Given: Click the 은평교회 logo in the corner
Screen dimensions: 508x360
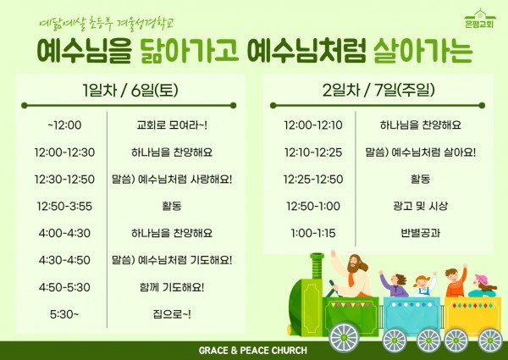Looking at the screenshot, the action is pyautogui.click(x=479, y=19).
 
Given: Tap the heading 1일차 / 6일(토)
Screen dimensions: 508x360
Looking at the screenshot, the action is pyautogui.click(x=130, y=90).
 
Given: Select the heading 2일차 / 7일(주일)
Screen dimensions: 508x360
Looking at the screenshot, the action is pyautogui.click(x=378, y=90).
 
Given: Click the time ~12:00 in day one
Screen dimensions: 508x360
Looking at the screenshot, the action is pyautogui.click(x=64, y=125).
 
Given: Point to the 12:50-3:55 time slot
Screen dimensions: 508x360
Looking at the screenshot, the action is pyautogui.click(x=64, y=206).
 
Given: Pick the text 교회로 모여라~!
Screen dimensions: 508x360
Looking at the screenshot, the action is pyautogui.click(x=172, y=125).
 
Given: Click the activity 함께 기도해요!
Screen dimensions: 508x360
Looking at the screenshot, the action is pyautogui.click(x=172, y=287).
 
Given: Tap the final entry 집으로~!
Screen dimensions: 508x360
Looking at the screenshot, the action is pyautogui.click(x=172, y=314).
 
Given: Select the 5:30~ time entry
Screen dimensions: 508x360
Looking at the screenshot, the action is pyautogui.click(x=64, y=314).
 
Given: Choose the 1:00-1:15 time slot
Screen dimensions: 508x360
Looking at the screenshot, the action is pyautogui.click(x=313, y=233).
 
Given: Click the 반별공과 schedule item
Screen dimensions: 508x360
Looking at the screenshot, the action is pyautogui.click(x=420, y=233).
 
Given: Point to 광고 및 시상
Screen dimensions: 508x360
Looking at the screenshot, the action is pyautogui.click(x=420, y=206).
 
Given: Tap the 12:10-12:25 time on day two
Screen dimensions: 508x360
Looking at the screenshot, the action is pyautogui.click(x=313, y=152).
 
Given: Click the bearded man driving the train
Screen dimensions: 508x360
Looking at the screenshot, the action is pyautogui.click(x=352, y=274).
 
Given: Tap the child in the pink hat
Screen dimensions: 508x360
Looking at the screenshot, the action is pyautogui.click(x=483, y=285).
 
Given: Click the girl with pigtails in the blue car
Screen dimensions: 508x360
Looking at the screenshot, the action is pyautogui.click(x=424, y=285).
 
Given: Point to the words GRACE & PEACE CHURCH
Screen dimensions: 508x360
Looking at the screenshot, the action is pyautogui.click(x=252, y=351).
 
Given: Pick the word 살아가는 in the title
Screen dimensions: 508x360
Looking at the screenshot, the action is pyautogui.click(x=422, y=51).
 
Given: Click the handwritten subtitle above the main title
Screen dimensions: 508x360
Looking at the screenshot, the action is pyautogui.click(x=107, y=24).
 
